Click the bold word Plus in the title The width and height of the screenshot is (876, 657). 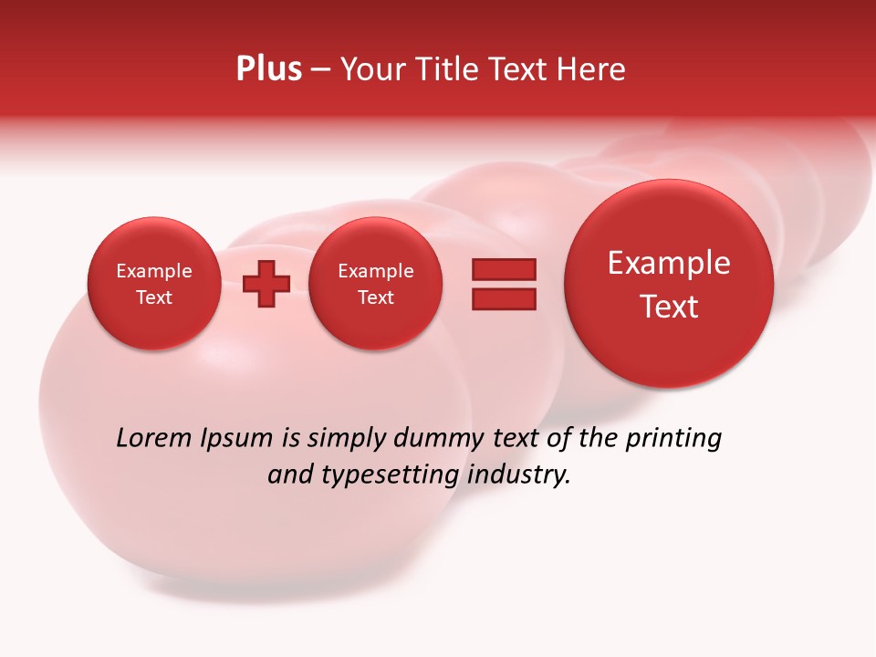click(x=268, y=69)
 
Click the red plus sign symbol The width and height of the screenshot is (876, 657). click(x=266, y=284)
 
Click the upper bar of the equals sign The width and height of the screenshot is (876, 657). click(x=504, y=269)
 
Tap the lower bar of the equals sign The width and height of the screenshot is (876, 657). click(x=504, y=299)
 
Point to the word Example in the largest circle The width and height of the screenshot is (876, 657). click(x=669, y=263)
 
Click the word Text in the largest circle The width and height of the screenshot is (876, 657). click(x=669, y=307)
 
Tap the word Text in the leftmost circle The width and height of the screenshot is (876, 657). click(x=153, y=297)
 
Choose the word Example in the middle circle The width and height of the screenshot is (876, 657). click(x=375, y=271)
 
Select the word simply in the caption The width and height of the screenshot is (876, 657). click(x=348, y=438)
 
